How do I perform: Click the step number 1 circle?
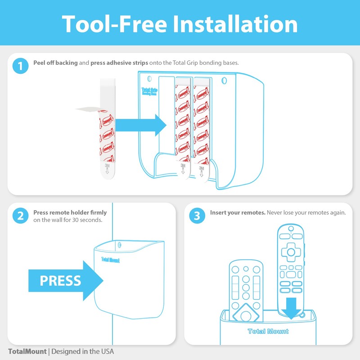(x=20, y=67)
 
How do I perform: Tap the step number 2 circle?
(x=20, y=216)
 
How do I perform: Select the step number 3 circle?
(x=197, y=216)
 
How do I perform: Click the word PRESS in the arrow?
(x=60, y=281)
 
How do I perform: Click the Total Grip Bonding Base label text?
(x=149, y=91)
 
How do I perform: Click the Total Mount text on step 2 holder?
(x=111, y=259)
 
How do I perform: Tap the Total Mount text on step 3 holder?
(x=268, y=332)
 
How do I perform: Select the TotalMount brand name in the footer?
(x=27, y=351)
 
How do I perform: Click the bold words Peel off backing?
(x=55, y=63)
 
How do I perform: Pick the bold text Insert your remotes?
(x=238, y=212)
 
